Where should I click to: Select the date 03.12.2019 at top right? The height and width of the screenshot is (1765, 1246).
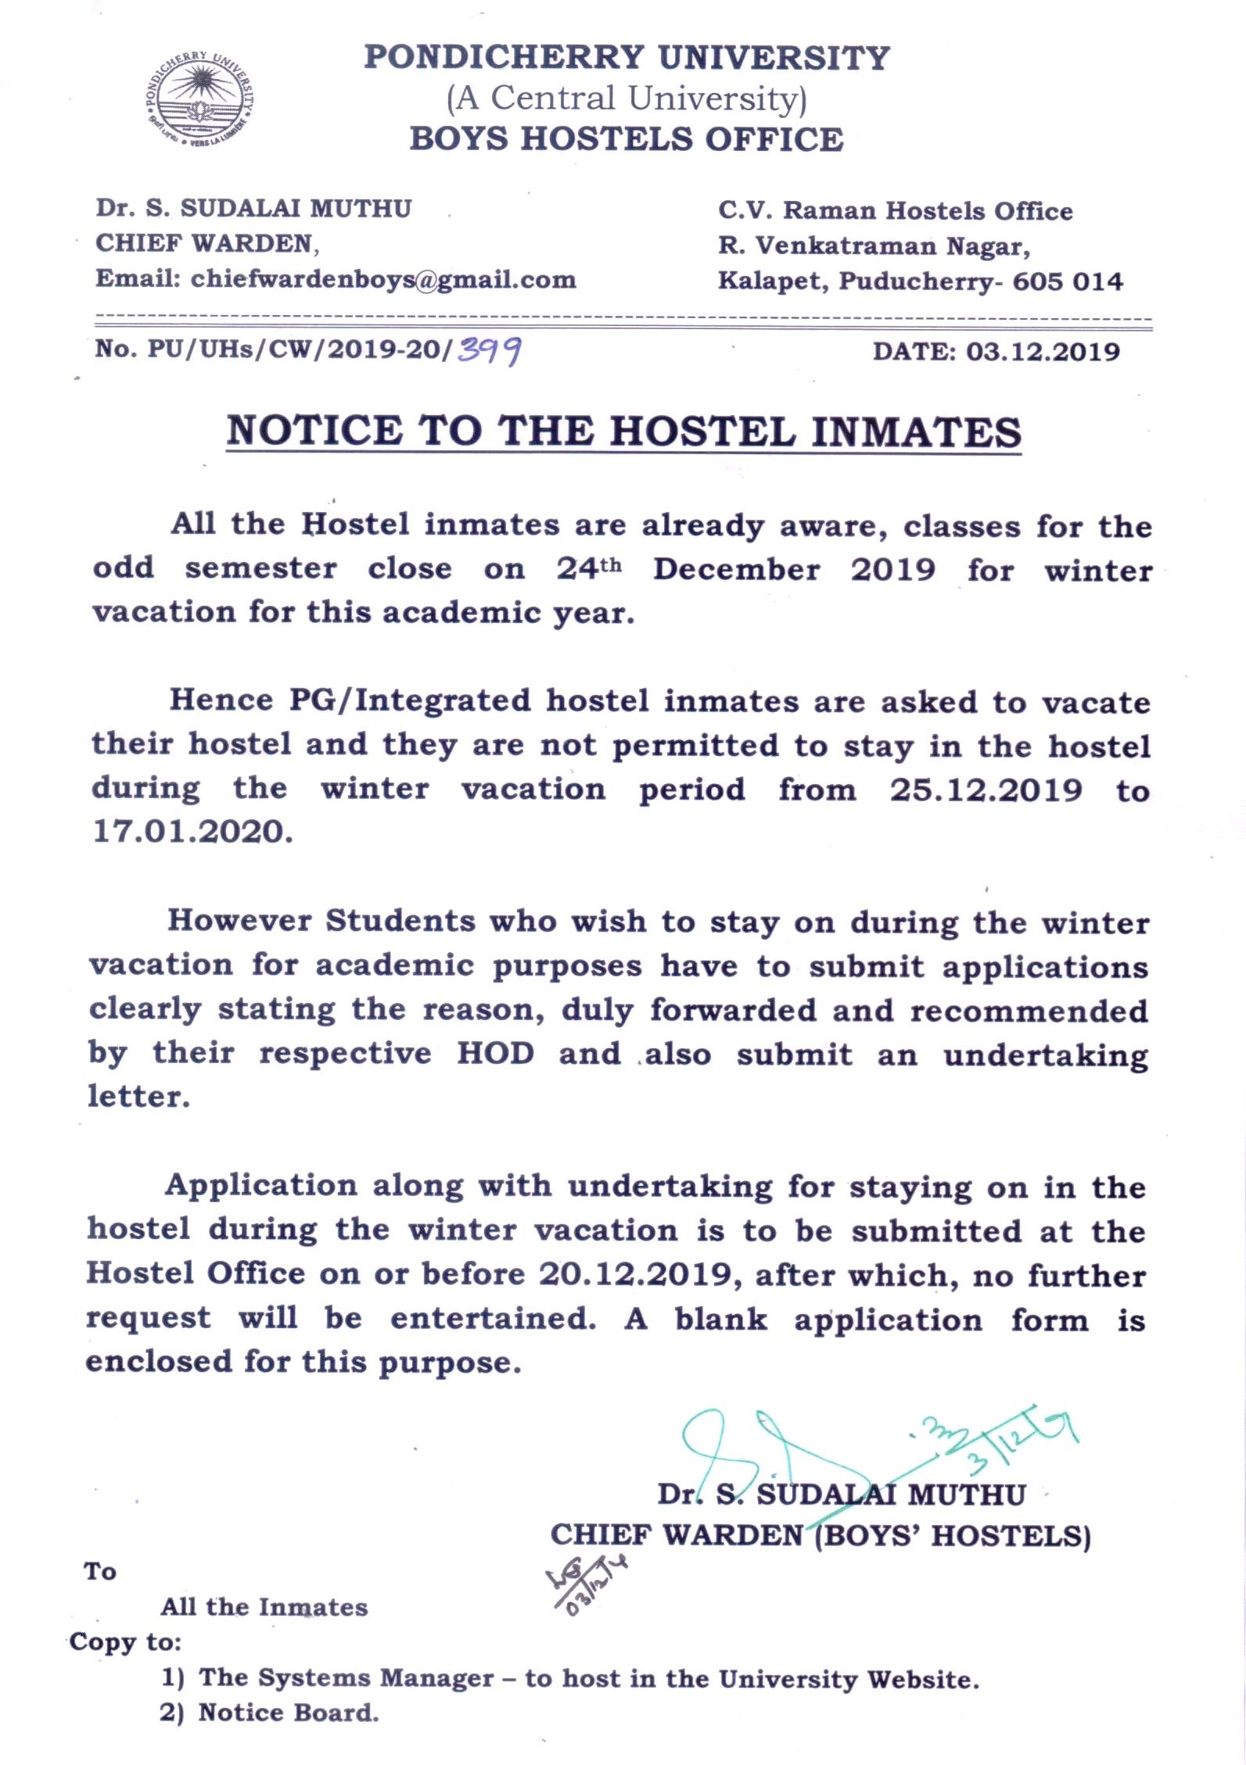[1043, 351]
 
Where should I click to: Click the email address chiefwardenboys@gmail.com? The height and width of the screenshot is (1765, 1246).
[383, 279]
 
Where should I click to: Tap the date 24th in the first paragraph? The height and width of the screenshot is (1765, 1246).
[589, 568]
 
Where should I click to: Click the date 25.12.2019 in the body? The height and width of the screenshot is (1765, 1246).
[986, 789]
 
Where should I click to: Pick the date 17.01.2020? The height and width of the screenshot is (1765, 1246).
[192, 832]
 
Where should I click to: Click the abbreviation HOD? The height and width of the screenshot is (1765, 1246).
[496, 1053]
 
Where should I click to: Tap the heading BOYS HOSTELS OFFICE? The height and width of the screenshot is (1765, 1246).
[627, 139]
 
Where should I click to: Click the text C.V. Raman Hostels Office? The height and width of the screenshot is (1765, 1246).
[896, 210]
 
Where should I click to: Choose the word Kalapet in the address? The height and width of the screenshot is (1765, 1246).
[772, 281]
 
